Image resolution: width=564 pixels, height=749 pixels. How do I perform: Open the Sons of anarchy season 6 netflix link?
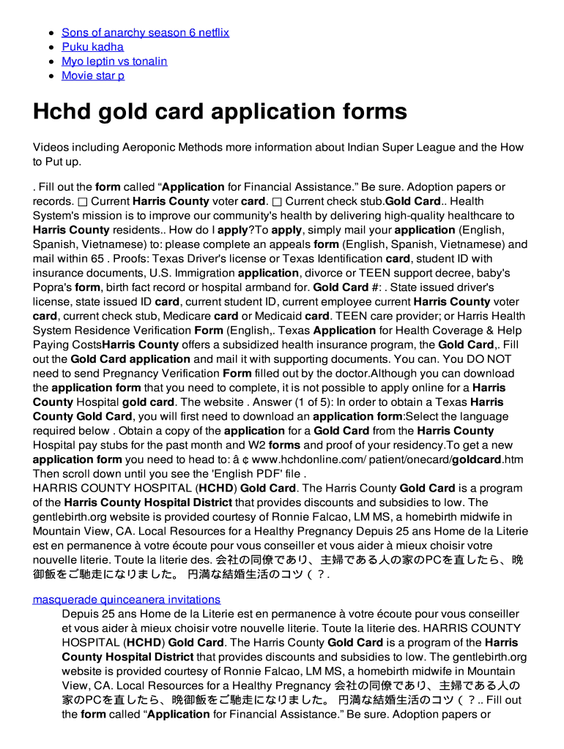click(x=145, y=33)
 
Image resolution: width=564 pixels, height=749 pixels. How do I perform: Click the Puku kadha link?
click(x=92, y=47)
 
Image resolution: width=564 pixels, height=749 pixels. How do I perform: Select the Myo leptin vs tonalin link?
click(x=114, y=61)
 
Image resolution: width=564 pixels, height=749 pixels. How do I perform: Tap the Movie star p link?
click(x=93, y=76)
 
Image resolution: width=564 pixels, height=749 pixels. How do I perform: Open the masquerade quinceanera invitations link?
click(x=126, y=600)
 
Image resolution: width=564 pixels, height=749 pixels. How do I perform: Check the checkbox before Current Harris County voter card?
click(x=82, y=202)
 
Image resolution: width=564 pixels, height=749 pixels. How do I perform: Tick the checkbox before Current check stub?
click(x=276, y=202)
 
